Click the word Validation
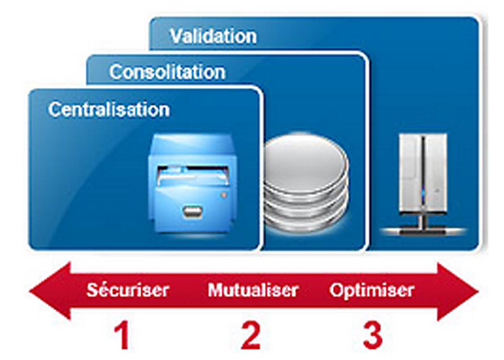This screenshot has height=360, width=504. coord(213,35)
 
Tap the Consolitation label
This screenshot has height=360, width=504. coord(167,72)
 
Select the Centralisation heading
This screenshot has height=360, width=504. coord(109,109)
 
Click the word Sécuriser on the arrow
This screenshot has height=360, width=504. coord(128,291)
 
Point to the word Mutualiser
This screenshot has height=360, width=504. coord(253,291)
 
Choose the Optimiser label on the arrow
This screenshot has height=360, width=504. coord(372,291)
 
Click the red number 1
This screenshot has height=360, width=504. coord(123,334)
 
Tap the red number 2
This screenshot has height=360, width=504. coord(250,334)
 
